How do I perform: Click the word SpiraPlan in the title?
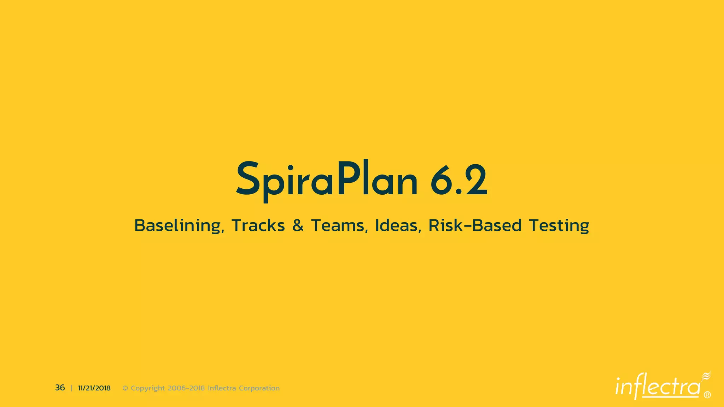(327, 179)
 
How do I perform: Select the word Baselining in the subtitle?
(179, 225)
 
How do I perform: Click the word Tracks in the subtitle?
(258, 225)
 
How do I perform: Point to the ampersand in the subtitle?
(298, 225)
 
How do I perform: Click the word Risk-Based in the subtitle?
(475, 225)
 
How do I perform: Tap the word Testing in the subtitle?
(559, 225)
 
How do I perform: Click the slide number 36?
(60, 388)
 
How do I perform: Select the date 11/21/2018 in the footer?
(94, 388)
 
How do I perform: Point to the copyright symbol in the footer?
(125, 388)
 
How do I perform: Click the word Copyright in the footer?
(148, 388)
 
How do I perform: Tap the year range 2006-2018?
(186, 388)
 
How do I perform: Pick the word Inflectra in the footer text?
(222, 388)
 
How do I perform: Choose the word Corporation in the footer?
(259, 388)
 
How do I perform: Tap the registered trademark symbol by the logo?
(707, 395)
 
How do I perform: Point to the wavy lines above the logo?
(706, 376)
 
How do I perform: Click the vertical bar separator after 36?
(71, 388)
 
